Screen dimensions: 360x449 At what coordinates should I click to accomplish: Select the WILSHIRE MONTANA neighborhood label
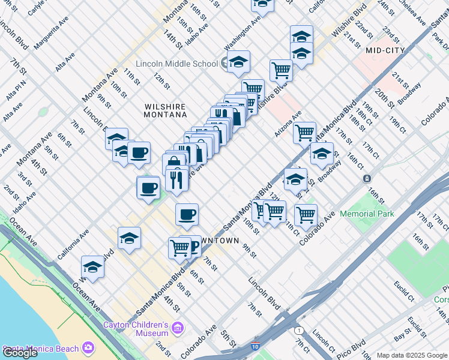click(x=166, y=110)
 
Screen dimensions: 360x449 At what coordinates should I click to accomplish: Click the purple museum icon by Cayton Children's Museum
click(x=177, y=328)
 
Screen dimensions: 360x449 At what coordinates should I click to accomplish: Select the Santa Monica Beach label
click(x=41, y=349)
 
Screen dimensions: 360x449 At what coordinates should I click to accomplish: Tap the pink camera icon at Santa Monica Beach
click(x=89, y=348)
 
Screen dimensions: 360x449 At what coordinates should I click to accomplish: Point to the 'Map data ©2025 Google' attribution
click(x=412, y=355)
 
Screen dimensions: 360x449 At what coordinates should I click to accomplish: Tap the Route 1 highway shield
click(x=299, y=331)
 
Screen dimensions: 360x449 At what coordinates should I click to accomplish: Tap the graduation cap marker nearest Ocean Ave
click(x=92, y=267)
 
